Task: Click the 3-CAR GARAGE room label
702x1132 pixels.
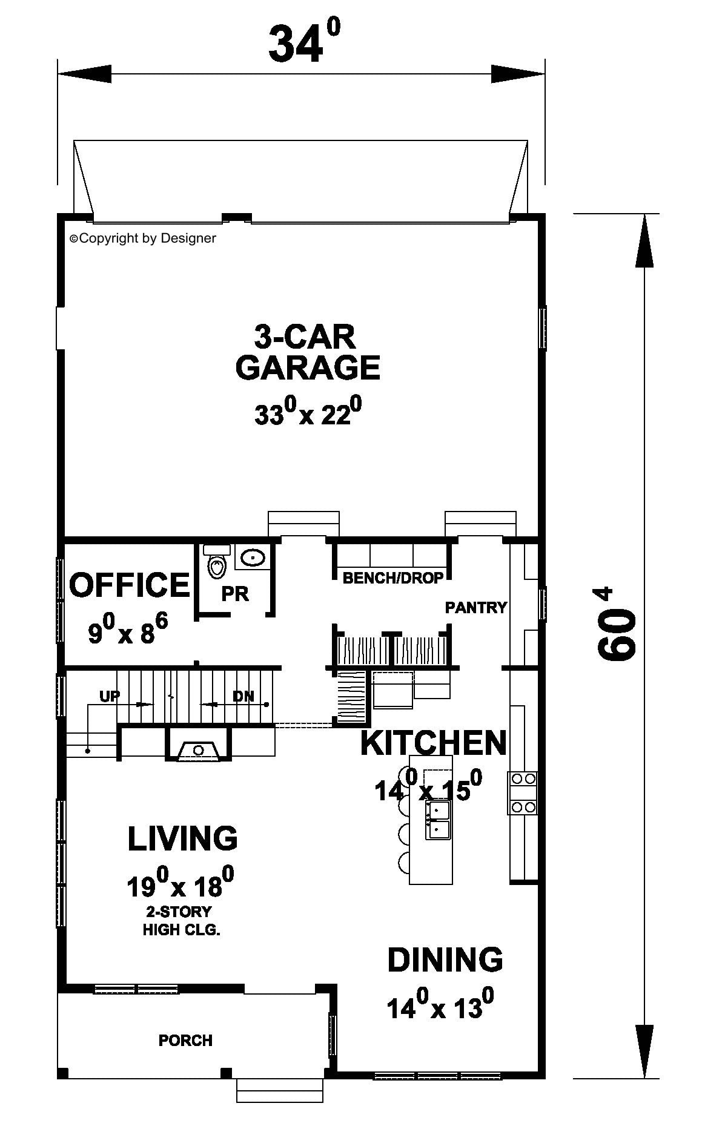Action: pyautogui.click(x=308, y=352)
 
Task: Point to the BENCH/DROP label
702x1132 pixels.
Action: pyautogui.click(x=393, y=578)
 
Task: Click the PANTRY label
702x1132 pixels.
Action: pyautogui.click(x=476, y=607)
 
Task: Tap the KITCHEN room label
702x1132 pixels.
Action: pyautogui.click(x=434, y=743)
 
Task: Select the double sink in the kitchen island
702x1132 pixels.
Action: pyautogui.click(x=438, y=820)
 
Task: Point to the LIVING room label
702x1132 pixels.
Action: pyautogui.click(x=182, y=838)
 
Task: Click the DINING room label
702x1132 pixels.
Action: pyautogui.click(x=445, y=959)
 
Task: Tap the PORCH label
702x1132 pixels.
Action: pyautogui.click(x=185, y=1041)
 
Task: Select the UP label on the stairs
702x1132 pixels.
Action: pyautogui.click(x=110, y=696)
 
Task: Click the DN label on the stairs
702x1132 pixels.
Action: pyautogui.click(x=243, y=696)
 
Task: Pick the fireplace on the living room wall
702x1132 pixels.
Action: pyautogui.click(x=198, y=744)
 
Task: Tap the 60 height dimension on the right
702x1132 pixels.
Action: pyautogui.click(x=617, y=624)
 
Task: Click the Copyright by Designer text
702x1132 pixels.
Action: pyautogui.click(x=143, y=239)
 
